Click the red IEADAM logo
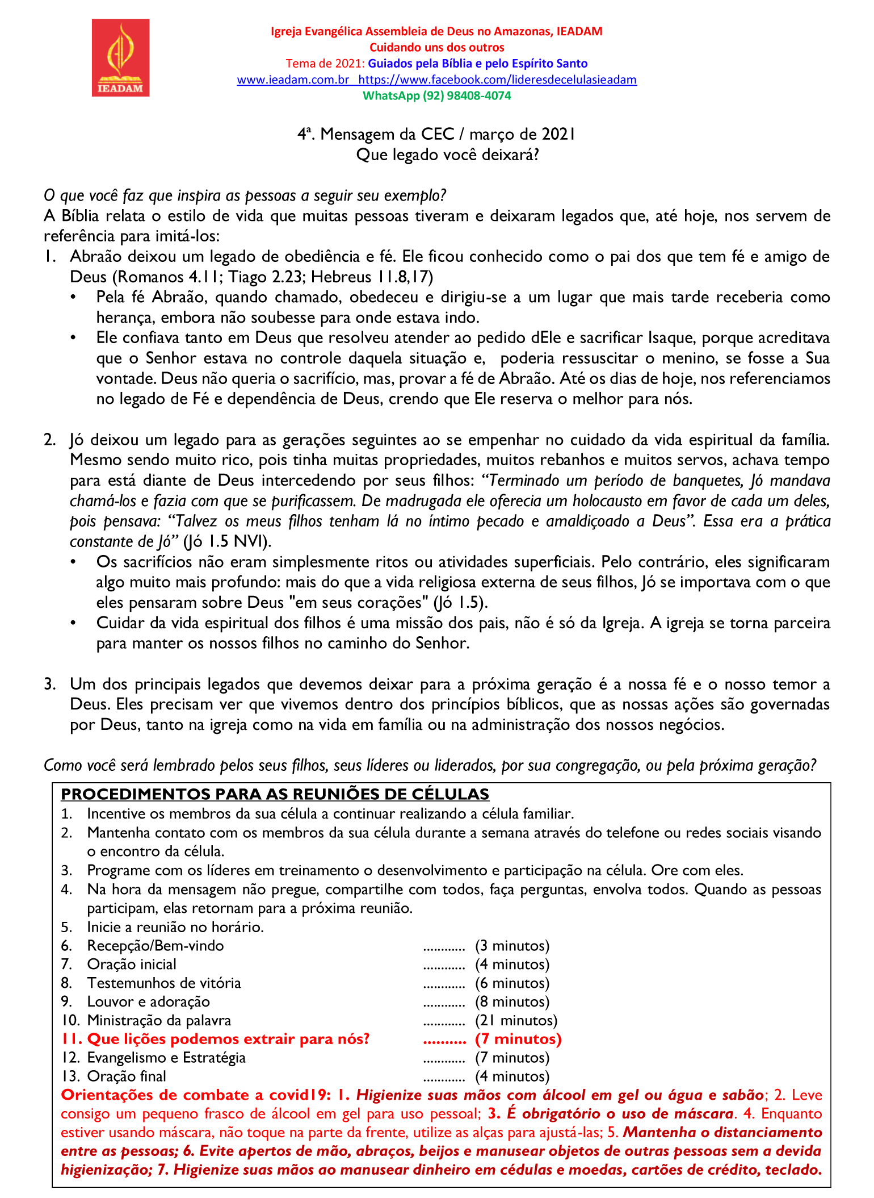120,57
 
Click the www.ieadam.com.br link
292,80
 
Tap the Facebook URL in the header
497,80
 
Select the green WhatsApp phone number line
436,95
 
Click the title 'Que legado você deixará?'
447,155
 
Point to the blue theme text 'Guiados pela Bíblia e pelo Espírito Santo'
477,64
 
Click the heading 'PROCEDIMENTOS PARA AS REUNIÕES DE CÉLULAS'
275,794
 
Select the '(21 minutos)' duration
516,1020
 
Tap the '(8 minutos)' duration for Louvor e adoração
512,1001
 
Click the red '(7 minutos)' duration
518,1039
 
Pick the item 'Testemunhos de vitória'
164,983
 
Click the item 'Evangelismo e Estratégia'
166,1058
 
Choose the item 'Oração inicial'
132,964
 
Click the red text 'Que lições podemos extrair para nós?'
228,1039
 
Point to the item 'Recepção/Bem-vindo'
156,945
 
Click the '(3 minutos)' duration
512,945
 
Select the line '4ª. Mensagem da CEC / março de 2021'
436,134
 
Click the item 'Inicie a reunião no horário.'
175,926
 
